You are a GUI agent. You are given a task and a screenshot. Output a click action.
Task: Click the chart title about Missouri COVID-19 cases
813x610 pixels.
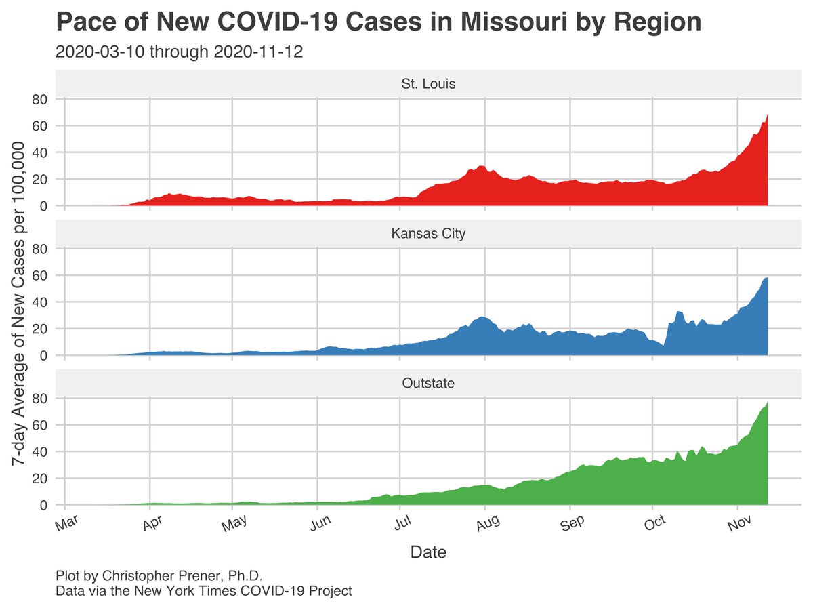coord(378,22)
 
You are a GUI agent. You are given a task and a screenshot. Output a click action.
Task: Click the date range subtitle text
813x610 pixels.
coord(179,52)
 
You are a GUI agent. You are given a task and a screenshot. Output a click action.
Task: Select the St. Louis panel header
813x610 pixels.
coord(428,85)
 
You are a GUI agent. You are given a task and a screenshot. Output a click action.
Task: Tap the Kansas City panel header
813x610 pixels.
coord(428,234)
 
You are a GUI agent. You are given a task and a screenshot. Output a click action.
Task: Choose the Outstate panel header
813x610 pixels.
coord(428,383)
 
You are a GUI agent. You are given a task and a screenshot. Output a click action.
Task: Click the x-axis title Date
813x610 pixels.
coord(428,552)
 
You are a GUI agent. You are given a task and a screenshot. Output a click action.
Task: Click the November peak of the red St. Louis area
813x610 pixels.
coord(766,117)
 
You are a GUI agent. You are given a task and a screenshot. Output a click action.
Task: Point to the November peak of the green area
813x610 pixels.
coord(766,405)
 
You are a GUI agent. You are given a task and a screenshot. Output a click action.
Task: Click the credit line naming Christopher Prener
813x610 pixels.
coord(159,576)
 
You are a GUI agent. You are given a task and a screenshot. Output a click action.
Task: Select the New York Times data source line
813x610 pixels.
coord(204,591)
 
